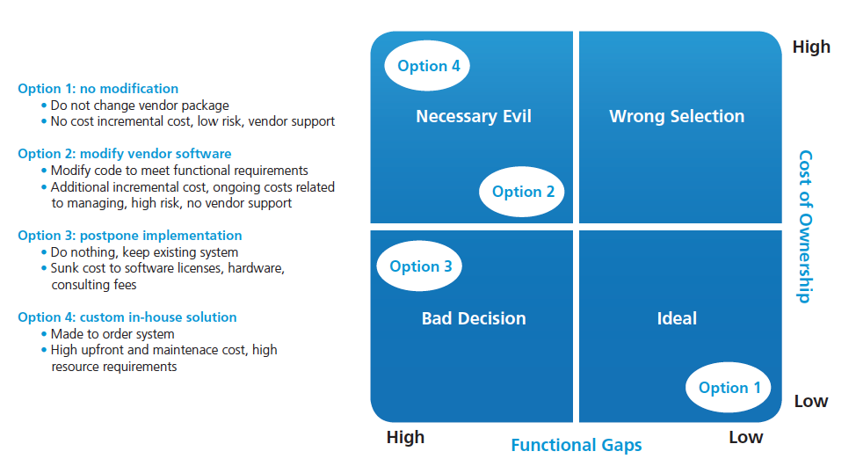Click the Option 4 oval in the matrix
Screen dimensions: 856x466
click(x=427, y=66)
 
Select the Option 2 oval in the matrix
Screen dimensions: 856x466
click(x=521, y=192)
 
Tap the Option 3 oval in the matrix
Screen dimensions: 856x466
click(x=419, y=266)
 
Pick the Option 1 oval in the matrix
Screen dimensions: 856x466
click(x=729, y=388)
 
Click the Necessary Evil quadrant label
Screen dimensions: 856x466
click(x=474, y=116)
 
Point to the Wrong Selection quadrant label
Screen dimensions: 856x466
click(x=677, y=116)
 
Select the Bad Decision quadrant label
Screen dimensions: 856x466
click(x=474, y=318)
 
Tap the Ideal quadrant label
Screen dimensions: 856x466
click(x=677, y=318)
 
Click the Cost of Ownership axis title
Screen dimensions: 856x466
click(x=805, y=227)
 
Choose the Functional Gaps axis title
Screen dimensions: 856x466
click(x=576, y=445)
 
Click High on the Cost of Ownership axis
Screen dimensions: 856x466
click(x=811, y=47)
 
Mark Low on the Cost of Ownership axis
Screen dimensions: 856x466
click(x=810, y=402)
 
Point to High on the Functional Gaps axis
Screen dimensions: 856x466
click(x=405, y=437)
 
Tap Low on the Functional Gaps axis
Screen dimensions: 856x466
click(x=746, y=437)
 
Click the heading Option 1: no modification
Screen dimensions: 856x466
click(x=98, y=89)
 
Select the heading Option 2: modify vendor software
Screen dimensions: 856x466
click(x=125, y=154)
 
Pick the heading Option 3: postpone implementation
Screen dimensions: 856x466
click(x=129, y=236)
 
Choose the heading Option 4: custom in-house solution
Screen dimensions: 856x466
click(x=127, y=317)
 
